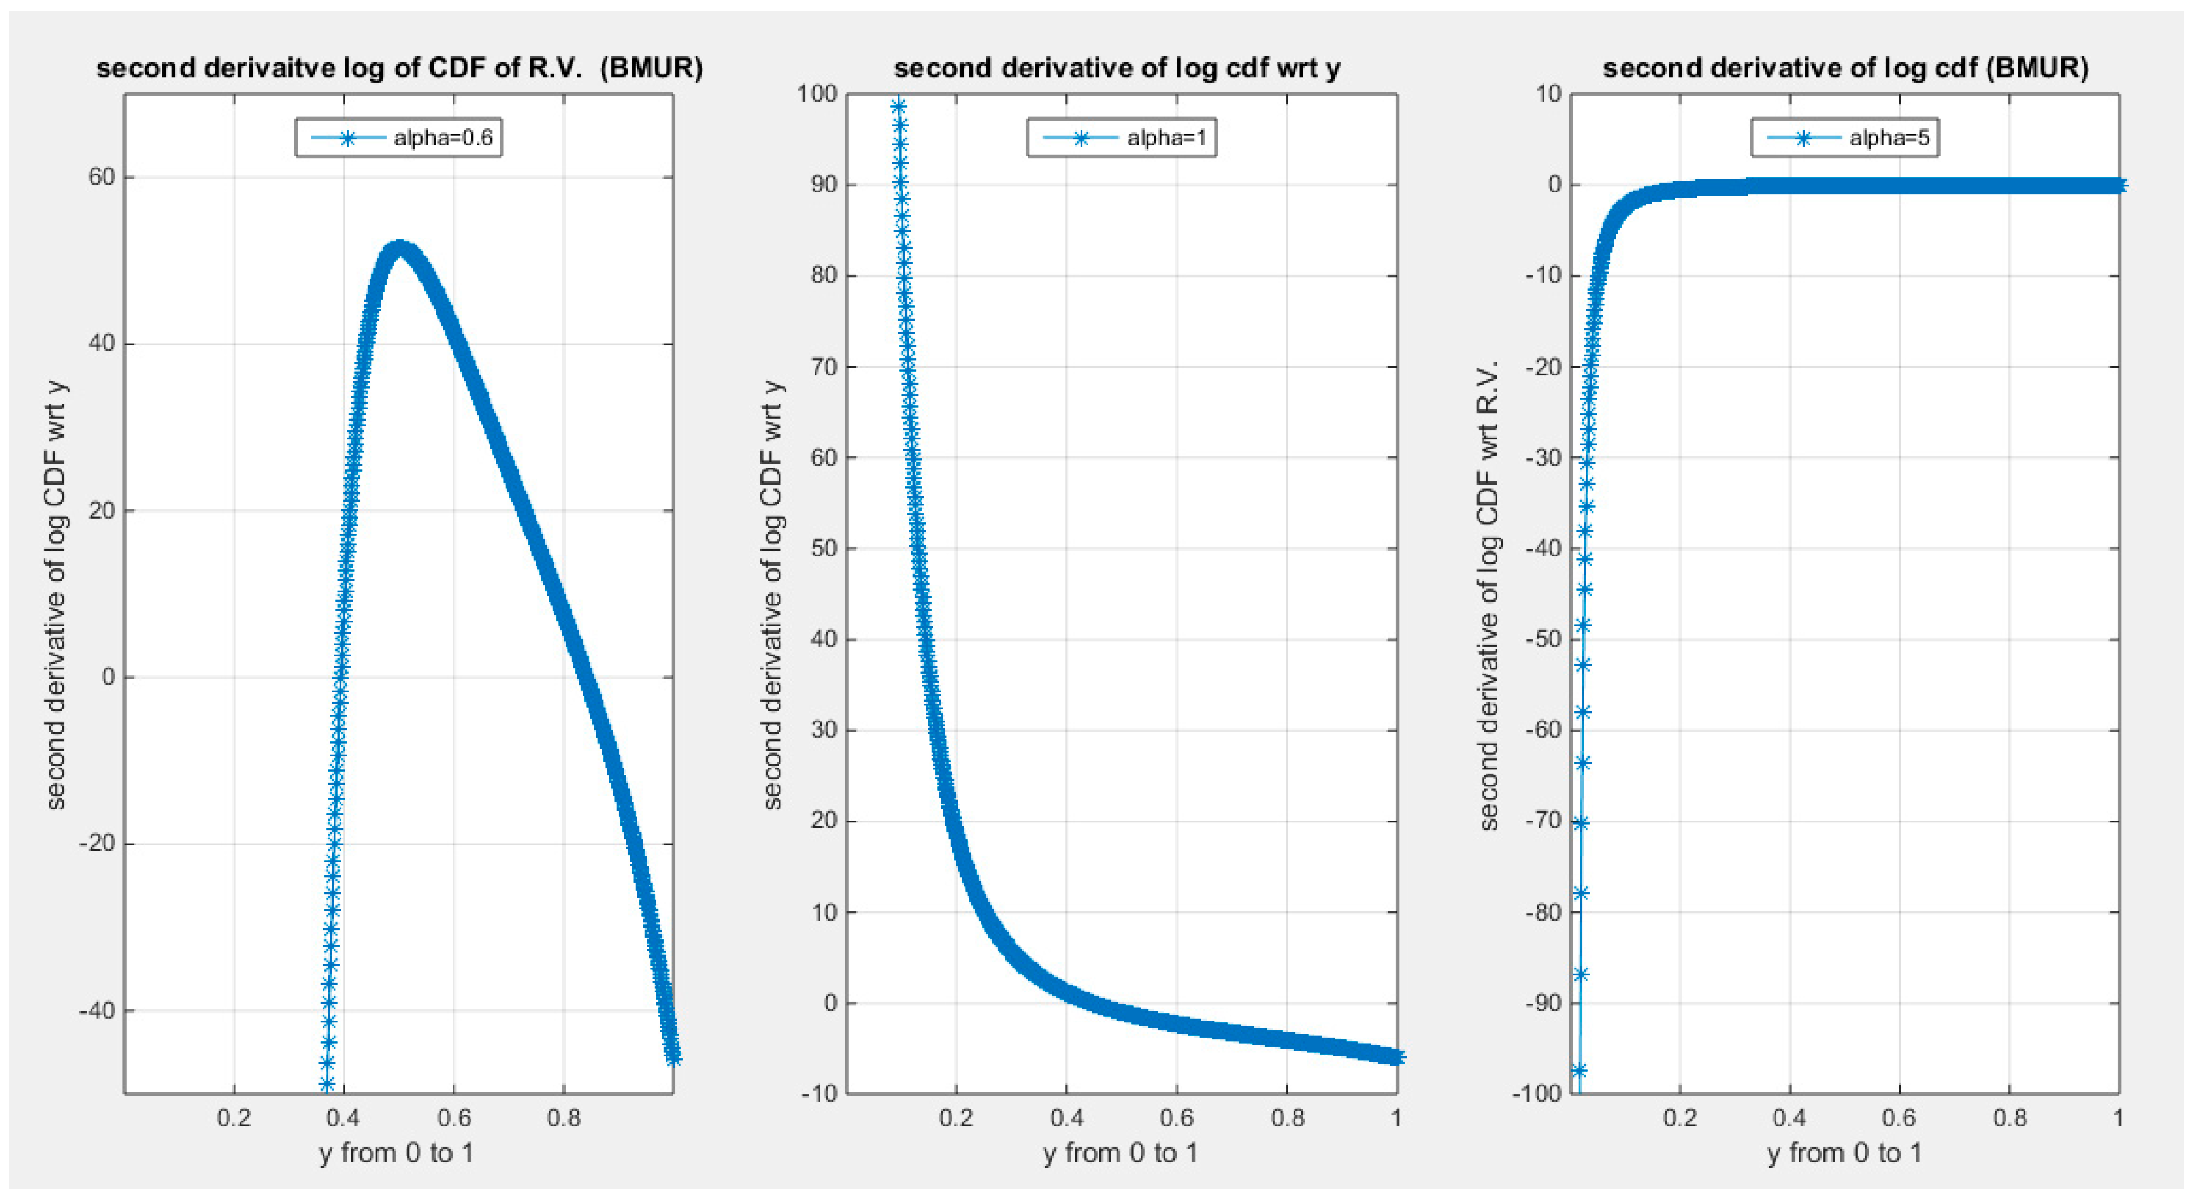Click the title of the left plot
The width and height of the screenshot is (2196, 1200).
click(399, 68)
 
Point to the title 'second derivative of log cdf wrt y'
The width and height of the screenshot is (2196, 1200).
click(1117, 68)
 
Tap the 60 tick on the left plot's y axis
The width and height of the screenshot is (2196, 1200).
click(101, 177)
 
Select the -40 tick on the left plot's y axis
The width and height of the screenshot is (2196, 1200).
click(97, 1011)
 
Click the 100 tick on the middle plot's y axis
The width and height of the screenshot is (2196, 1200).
click(817, 94)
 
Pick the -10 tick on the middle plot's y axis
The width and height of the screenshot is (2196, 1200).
click(819, 1094)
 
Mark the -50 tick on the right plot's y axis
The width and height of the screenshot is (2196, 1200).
click(1544, 639)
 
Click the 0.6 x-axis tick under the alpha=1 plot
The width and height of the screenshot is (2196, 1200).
click(1177, 1118)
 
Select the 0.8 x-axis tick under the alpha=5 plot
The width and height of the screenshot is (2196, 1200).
click(2009, 1118)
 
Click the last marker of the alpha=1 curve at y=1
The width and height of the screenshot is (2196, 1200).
click(1396, 1058)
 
